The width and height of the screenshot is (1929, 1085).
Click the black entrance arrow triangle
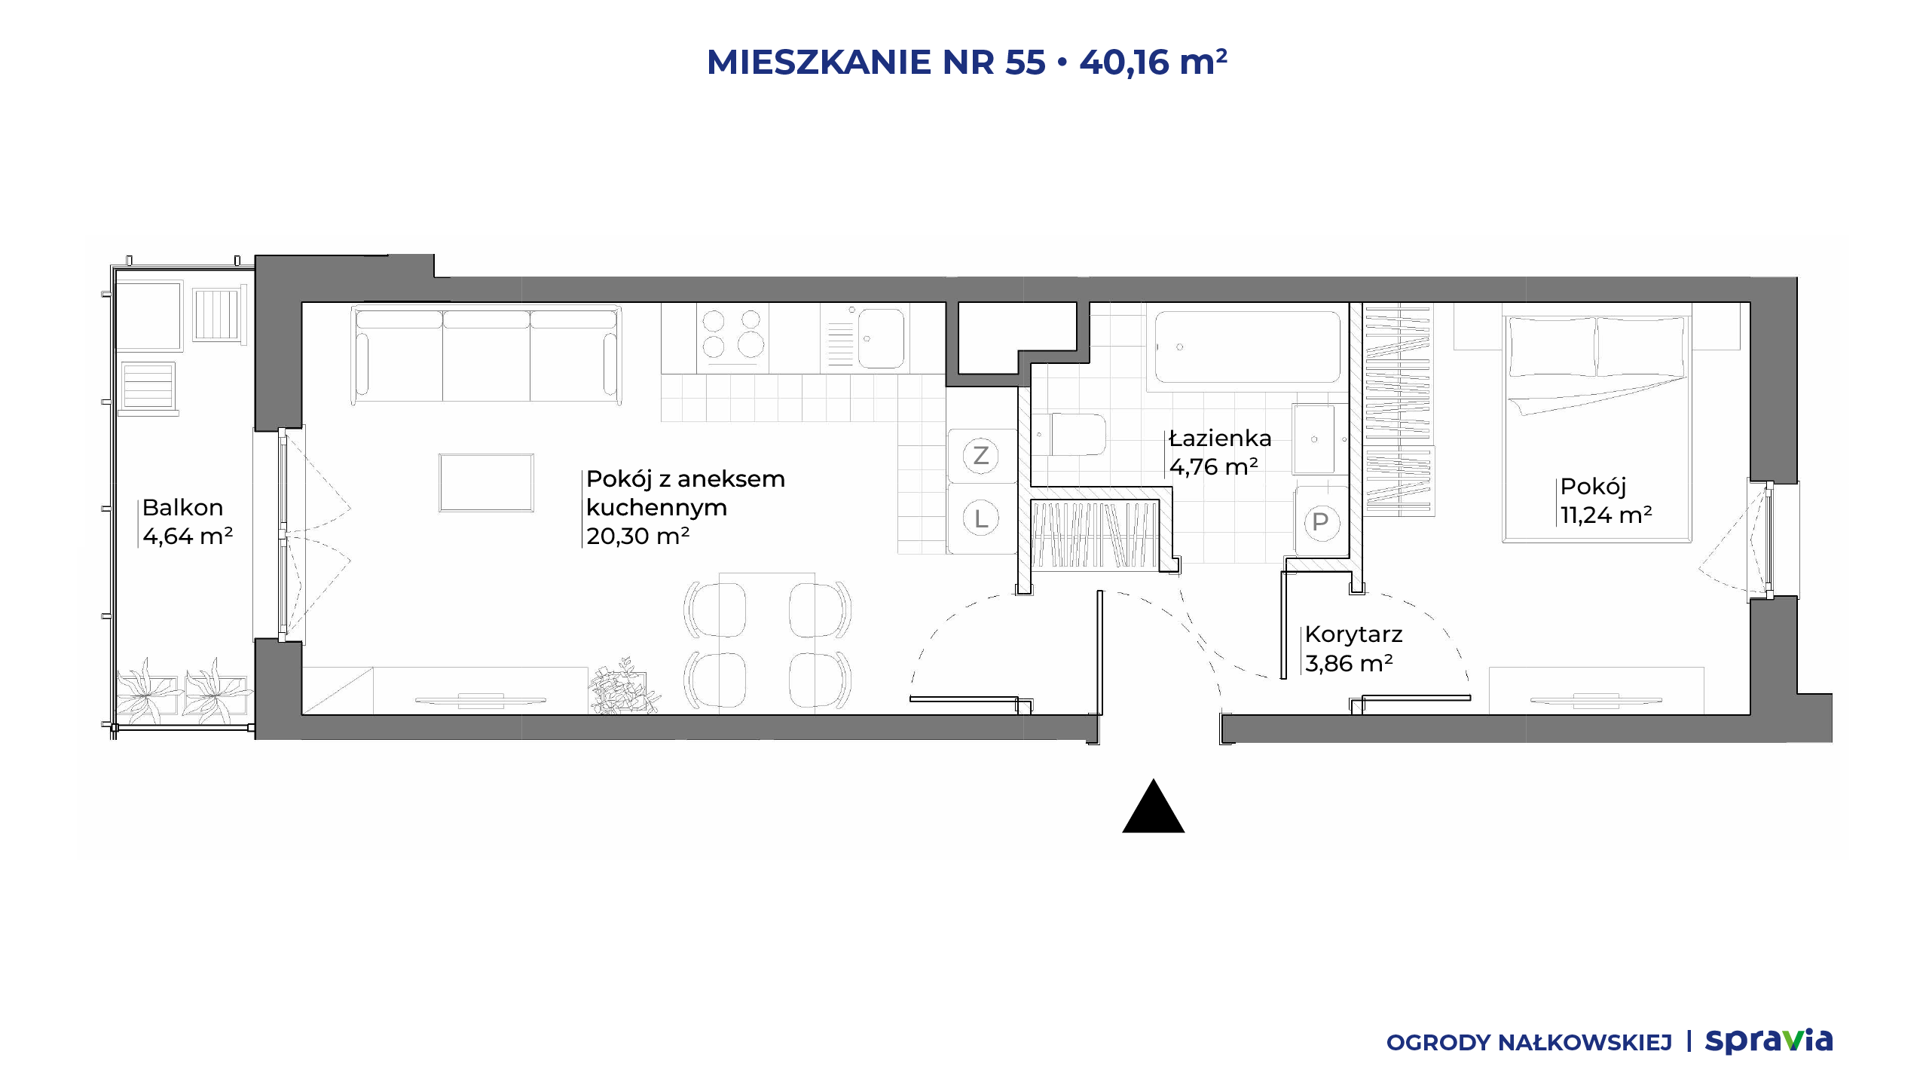[x=1153, y=807]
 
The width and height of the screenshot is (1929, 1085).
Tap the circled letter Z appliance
[x=980, y=455]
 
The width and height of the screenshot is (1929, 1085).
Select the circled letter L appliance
[x=980, y=518]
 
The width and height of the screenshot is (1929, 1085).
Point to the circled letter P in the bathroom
[x=1320, y=521]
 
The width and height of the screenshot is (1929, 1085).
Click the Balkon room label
[x=182, y=507]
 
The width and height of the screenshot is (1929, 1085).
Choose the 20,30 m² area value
[x=637, y=536]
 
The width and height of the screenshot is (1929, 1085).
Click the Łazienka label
[x=1220, y=438]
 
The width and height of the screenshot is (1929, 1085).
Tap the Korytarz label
[x=1353, y=634]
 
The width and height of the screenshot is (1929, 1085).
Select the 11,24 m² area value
[x=1606, y=515]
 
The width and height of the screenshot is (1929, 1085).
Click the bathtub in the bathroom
[x=1247, y=347]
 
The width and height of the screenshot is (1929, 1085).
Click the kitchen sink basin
[x=881, y=338]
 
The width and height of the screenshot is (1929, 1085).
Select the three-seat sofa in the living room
[x=486, y=354]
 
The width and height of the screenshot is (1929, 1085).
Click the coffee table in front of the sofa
[x=486, y=483]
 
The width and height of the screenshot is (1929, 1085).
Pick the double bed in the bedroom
[x=1597, y=428]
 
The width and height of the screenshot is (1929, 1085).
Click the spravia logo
[x=1769, y=1041]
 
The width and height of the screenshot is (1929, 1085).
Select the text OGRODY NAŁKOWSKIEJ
[x=1529, y=1043]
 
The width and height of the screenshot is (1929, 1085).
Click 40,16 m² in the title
[x=1154, y=62]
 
